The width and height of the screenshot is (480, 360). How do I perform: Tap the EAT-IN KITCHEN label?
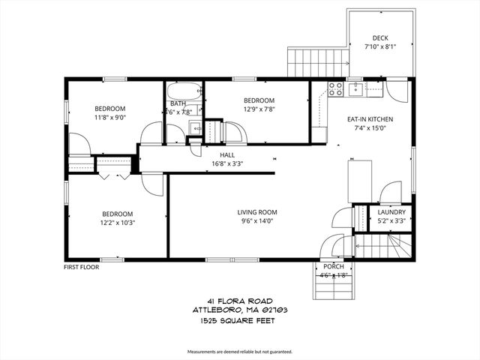[370, 119]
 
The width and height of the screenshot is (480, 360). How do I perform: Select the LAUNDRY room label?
[391, 212]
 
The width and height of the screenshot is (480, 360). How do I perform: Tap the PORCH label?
[333, 266]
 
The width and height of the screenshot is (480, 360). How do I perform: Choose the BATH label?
[178, 103]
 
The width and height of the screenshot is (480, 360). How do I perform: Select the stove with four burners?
[335, 89]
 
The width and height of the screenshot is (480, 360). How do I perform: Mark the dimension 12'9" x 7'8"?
[259, 110]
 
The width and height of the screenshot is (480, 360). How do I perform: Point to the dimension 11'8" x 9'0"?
[109, 118]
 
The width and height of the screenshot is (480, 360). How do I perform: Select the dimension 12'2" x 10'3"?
[117, 222]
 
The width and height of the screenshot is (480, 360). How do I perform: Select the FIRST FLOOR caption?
[82, 266]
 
